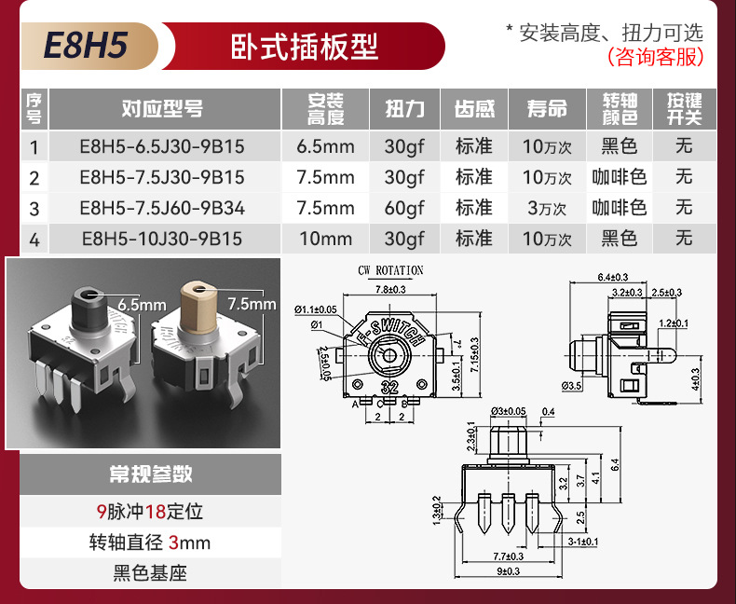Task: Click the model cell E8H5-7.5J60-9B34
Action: pos(162,208)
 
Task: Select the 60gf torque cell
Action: pos(404,208)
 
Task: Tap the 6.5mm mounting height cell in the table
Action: pos(325,146)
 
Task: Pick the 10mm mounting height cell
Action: pos(325,239)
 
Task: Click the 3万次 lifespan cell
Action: pos(547,208)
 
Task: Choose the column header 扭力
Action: pos(404,109)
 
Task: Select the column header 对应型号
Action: pos(162,109)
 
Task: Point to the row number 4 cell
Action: pos(34,240)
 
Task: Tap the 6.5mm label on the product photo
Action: pos(142,304)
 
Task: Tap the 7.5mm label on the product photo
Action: pos(252,304)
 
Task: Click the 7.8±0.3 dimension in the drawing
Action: pos(389,289)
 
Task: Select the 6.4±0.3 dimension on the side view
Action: pos(611,277)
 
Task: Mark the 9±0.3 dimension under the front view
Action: pos(508,570)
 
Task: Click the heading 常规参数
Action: pos(151,474)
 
